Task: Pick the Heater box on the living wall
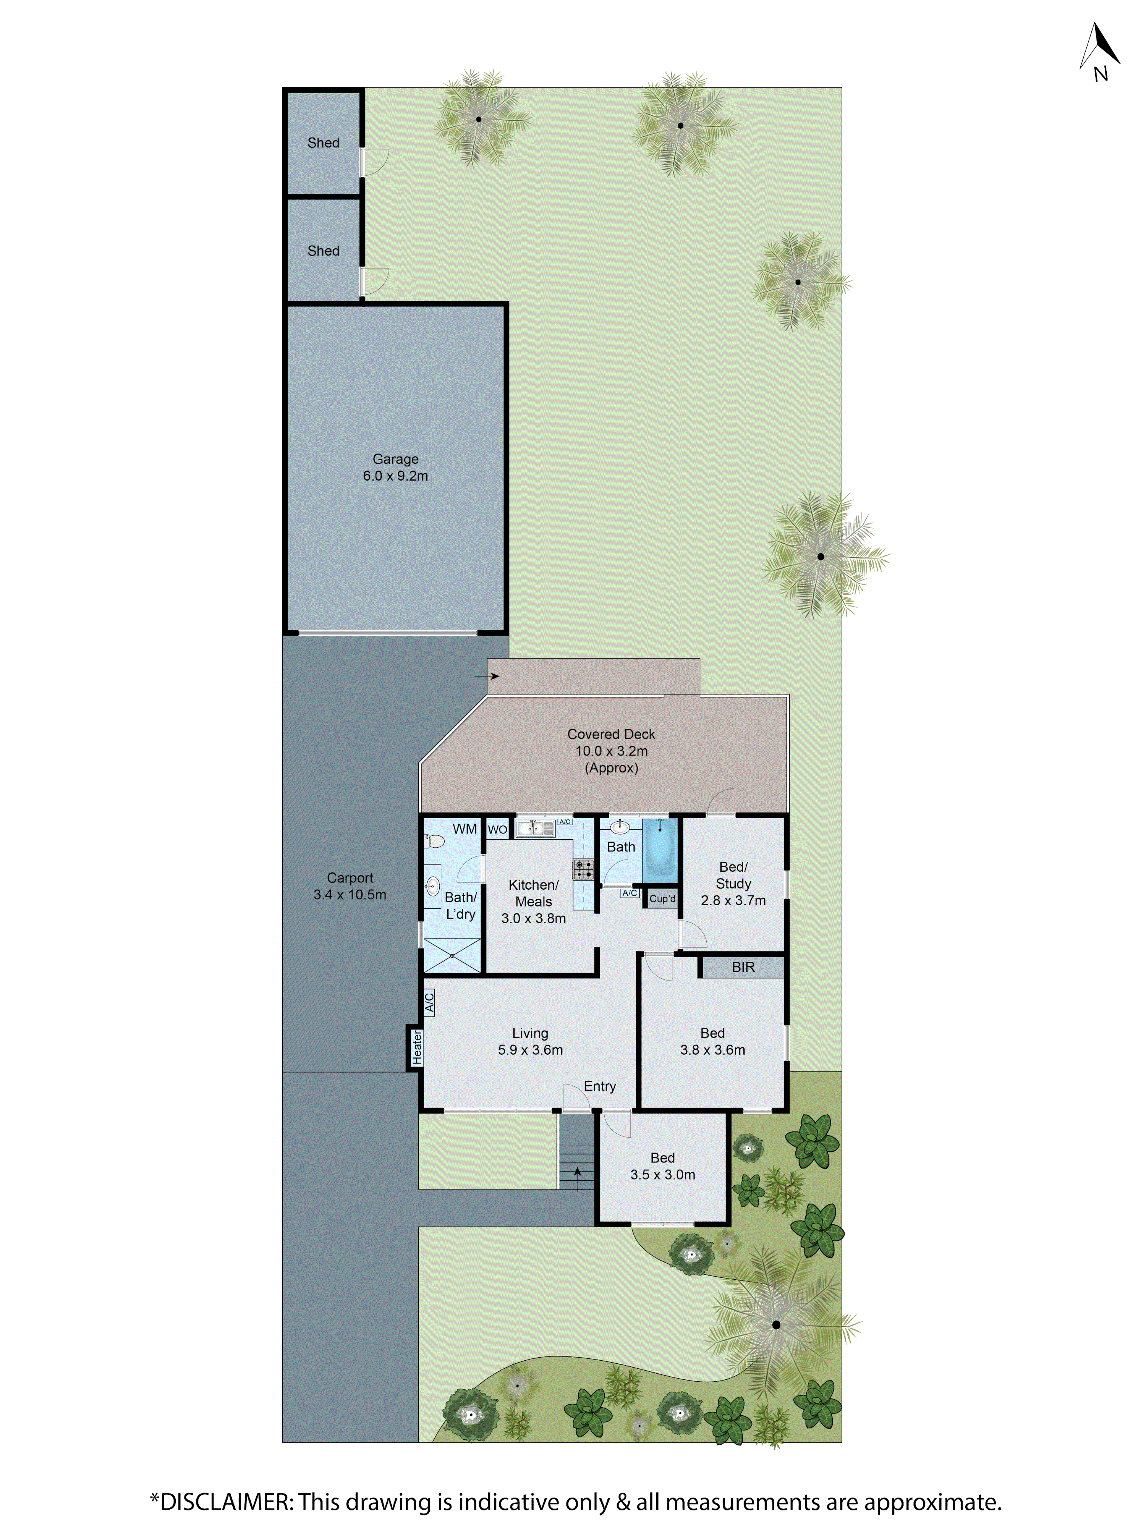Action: (x=416, y=1047)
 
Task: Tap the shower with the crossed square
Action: (x=452, y=955)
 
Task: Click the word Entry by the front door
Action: (x=600, y=1086)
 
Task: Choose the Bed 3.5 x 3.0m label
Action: (x=662, y=1166)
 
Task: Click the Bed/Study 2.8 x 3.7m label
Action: (x=733, y=884)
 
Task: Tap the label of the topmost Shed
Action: (x=323, y=143)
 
